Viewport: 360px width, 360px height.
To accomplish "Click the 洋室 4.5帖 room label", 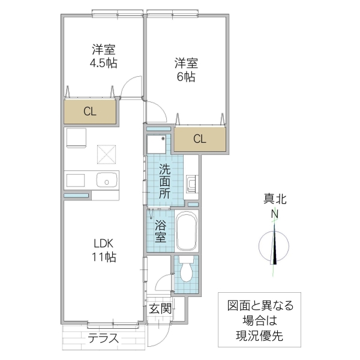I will point(104,55).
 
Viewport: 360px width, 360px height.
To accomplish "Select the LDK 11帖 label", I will point(104,250).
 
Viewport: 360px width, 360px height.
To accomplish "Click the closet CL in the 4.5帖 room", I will point(90,111).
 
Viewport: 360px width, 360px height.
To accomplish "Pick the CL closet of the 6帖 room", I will point(200,139).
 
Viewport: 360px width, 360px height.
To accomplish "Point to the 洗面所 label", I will point(164,181).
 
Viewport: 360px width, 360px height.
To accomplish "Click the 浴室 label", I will point(161,231).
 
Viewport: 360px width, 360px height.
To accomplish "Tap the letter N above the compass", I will point(274,215).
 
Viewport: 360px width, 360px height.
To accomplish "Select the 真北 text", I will point(274,199).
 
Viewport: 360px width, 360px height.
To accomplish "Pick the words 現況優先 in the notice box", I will point(259,337).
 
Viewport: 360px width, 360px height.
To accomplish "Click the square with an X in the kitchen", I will point(106,154).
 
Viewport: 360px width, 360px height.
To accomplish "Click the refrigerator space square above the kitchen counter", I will point(76,137).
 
